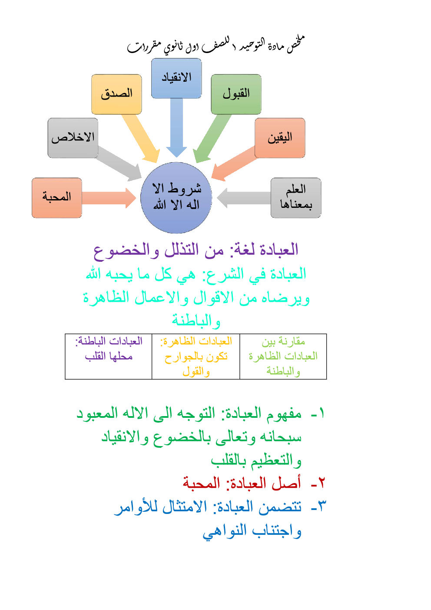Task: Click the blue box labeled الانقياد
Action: [176, 78]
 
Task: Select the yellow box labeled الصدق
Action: [116, 94]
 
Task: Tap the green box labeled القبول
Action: [236, 94]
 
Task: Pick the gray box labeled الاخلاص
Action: [73, 138]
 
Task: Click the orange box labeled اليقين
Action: [280, 138]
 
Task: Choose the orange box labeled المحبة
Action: [56, 197]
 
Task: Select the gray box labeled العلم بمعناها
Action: [295, 197]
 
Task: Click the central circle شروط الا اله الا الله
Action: [176, 198]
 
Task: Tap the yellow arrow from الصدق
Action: [142, 137]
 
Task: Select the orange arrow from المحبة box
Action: [109, 198]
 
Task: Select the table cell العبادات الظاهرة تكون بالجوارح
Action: [196, 356]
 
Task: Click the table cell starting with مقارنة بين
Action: [283, 356]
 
